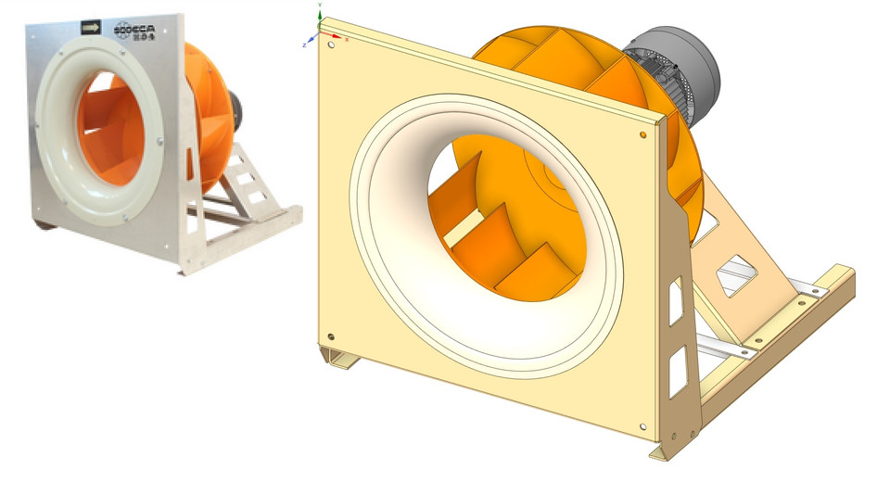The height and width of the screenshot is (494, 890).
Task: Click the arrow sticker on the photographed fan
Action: tap(90, 28)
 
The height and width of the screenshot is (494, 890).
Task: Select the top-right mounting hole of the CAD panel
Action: tap(643, 135)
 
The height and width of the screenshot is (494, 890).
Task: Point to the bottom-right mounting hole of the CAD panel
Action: tap(642, 426)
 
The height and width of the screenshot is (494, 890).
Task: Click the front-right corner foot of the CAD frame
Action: tap(665, 451)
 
